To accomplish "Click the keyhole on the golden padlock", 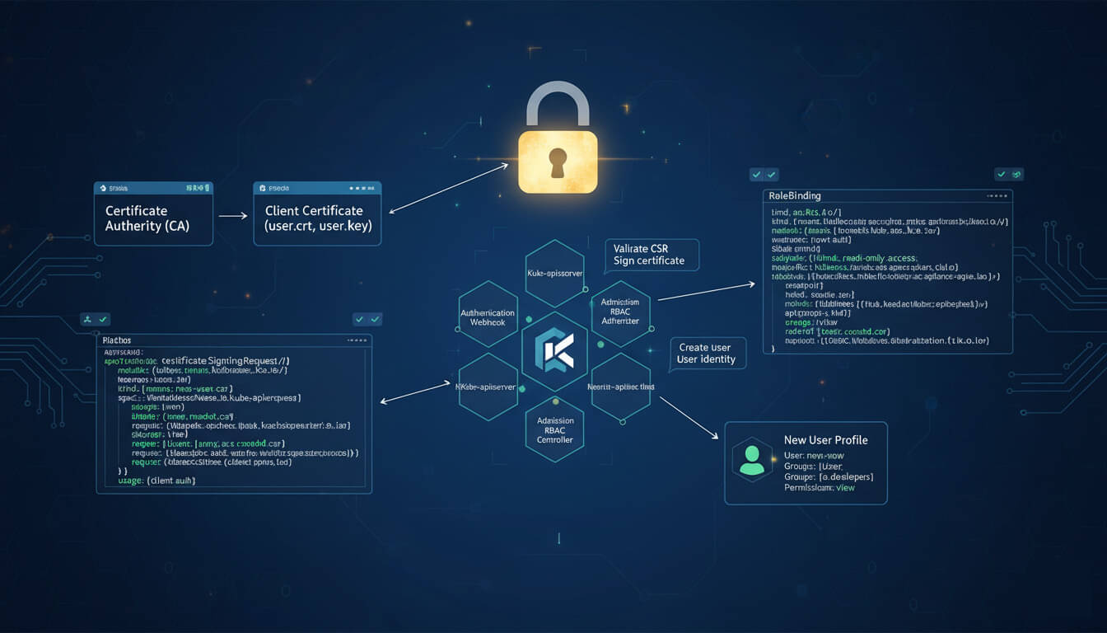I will tap(558, 161).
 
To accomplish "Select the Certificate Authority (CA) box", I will tap(154, 218).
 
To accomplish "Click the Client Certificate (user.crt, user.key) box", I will tap(317, 218).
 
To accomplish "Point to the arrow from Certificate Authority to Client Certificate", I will tap(233, 216).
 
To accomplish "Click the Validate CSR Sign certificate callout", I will tap(651, 254).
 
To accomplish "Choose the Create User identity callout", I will tap(707, 353).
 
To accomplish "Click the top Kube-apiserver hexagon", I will tap(554, 272).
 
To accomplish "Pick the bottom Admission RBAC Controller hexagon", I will tap(554, 429).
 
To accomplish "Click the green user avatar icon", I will tap(751, 461).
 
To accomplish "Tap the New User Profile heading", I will tap(825, 440).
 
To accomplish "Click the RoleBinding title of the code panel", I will tap(794, 196).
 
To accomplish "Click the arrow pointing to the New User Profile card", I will tap(685, 417).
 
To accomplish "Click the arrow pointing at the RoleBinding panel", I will tap(707, 291).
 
